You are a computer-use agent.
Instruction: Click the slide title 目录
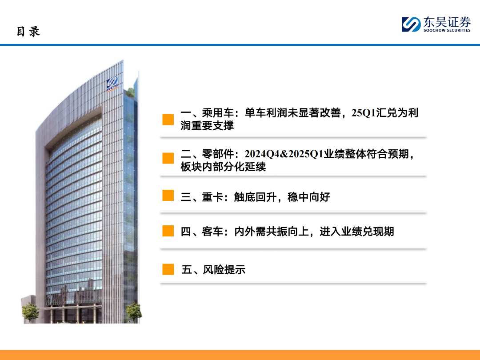point(28,32)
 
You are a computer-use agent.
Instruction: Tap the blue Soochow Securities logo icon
point(411,24)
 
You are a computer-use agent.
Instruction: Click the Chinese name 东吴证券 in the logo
point(447,22)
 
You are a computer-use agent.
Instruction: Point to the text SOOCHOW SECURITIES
point(447,30)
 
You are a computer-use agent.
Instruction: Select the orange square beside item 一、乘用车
point(168,120)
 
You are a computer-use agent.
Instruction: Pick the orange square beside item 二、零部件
point(168,158)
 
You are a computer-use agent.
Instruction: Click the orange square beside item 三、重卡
point(168,195)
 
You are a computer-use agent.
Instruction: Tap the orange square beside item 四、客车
point(168,231)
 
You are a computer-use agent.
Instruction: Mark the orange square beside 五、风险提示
point(168,269)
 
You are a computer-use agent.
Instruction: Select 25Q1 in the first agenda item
point(364,112)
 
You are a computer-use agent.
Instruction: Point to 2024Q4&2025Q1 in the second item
point(284,154)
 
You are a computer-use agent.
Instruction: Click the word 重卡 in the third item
point(212,197)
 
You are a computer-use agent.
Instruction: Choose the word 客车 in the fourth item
point(212,232)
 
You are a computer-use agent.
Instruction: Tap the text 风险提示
point(224,270)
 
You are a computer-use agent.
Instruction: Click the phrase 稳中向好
point(309,197)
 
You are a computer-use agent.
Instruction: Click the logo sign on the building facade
point(112,84)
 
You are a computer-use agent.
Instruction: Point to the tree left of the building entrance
point(30,312)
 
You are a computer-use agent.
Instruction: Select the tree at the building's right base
point(134,312)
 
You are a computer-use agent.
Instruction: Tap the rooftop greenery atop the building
point(131,92)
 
